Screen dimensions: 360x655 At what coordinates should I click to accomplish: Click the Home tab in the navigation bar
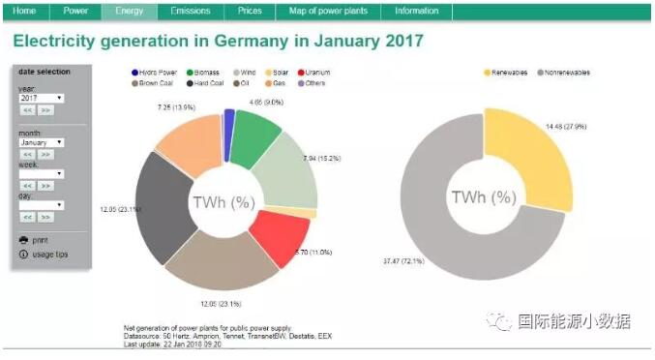pyautogui.click(x=25, y=11)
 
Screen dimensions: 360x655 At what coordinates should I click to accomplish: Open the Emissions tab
pyautogui.click(x=190, y=11)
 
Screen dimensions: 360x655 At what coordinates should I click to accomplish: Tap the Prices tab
pyautogui.click(x=250, y=11)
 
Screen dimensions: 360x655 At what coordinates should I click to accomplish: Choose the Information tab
pyautogui.click(x=416, y=11)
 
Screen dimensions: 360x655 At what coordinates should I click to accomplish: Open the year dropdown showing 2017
pyautogui.click(x=42, y=98)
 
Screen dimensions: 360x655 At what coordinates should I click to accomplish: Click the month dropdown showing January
pyautogui.click(x=42, y=141)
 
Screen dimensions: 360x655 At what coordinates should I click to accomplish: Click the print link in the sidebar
pyautogui.click(x=39, y=239)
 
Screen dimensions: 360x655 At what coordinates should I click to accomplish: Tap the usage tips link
pyautogui.click(x=47, y=254)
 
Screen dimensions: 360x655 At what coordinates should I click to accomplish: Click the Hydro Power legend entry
pyautogui.click(x=157, y=73)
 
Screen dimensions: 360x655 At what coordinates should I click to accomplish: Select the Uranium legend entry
pyautogui.click(x=319, y=73)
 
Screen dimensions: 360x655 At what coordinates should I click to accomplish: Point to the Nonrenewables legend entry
pyautogui.click(x=566, y=73)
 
